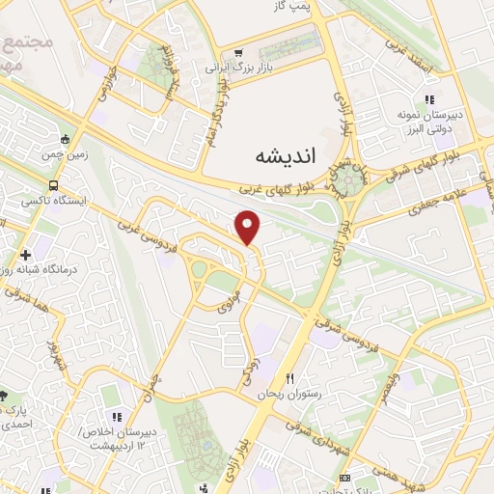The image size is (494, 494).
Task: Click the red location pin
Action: (249, 228)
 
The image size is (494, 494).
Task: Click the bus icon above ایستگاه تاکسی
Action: (54, 185)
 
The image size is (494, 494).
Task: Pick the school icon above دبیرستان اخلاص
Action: (116, 417)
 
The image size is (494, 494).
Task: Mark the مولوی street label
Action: (230, 304)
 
